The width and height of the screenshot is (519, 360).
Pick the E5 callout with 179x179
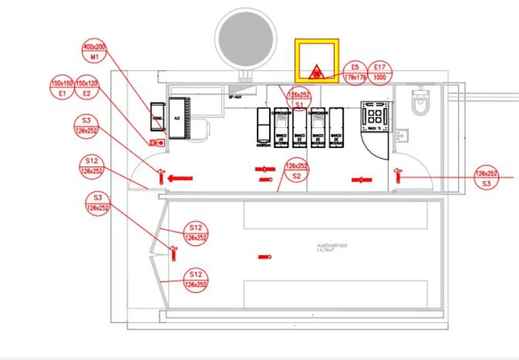[355, 73]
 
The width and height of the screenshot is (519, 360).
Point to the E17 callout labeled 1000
[380, 73]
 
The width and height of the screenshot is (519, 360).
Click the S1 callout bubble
[299, 99]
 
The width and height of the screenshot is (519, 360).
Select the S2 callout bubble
[296, 171]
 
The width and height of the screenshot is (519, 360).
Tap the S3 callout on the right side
[487, 178]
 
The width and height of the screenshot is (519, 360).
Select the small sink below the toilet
[404, 134]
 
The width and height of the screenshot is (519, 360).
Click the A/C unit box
[178, 117]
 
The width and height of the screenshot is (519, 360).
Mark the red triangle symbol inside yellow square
[316, 71]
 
